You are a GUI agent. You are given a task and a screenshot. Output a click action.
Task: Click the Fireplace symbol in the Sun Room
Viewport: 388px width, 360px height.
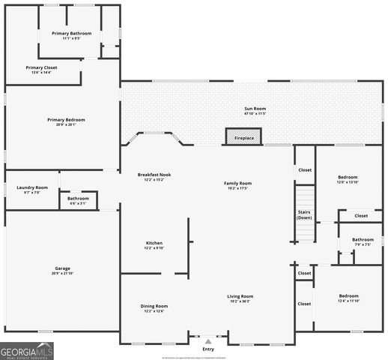click(244, 136)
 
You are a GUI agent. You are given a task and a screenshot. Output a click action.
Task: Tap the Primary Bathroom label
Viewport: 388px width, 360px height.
click(72, 34)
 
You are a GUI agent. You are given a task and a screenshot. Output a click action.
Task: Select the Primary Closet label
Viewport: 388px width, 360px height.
click(41, 69)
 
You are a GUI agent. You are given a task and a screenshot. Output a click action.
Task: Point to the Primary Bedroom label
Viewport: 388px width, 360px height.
click(66, 121)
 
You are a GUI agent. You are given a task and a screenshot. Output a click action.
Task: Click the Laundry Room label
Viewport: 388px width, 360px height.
click(32, 189)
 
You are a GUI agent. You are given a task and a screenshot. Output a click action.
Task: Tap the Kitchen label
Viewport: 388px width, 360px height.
click(154, 245)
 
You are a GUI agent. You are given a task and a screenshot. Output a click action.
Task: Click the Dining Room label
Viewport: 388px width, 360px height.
click(154, 307)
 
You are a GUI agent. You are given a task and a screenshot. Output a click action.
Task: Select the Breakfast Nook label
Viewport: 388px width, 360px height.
click(154, 177)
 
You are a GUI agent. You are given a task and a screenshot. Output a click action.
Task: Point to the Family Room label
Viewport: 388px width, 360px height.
click(238, 185)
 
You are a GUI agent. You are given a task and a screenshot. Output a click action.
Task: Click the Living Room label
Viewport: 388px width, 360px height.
click(240, 298)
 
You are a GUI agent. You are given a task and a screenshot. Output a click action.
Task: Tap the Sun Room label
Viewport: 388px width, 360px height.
click(255, 110)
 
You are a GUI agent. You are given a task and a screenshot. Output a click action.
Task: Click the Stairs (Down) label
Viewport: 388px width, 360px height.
click(304, 214)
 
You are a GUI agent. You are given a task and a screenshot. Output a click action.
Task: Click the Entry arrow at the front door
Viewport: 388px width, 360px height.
click(208, 341)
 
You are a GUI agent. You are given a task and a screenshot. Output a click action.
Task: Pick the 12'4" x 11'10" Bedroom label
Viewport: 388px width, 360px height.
click(348, 298)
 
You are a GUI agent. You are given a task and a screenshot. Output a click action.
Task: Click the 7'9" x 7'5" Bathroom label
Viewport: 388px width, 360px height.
click(363, 241)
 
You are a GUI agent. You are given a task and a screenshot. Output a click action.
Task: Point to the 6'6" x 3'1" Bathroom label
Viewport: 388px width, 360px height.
click(78, 200)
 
